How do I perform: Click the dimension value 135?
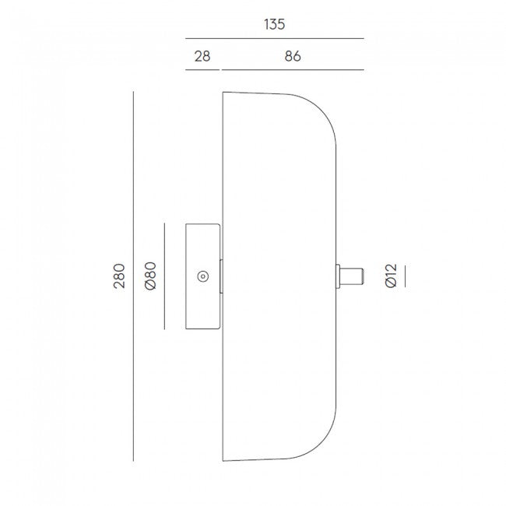click(x=274, y=25)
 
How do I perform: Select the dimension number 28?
click(x=202, y=56)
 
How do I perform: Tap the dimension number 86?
click(x=293, y=56)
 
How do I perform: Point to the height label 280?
click(x=119, y=276)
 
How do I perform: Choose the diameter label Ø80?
click(x=151, y=276)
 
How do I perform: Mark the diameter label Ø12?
click(x=391, y=276)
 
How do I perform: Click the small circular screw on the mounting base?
click(x=202, y=276)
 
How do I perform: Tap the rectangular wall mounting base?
click(x=203, y=276)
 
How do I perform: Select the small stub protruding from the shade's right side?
click(x=350, y=276)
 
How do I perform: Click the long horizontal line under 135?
click(x=275, y=38)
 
